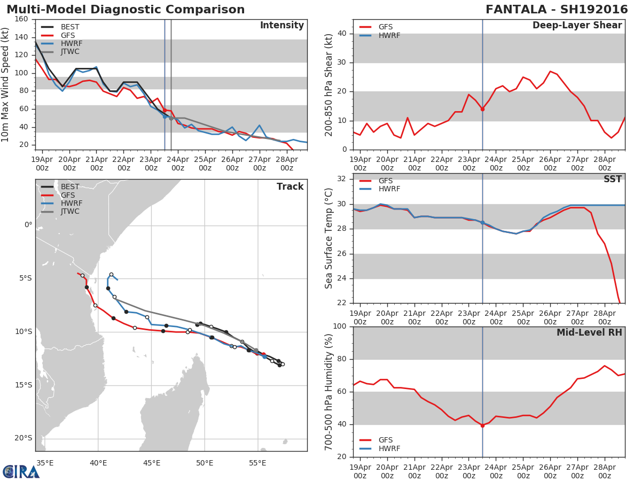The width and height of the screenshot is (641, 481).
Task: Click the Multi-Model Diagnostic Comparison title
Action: [126, 10]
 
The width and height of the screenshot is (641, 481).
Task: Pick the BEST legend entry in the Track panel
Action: [70, 187]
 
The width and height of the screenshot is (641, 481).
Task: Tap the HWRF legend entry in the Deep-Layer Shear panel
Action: [389, 35]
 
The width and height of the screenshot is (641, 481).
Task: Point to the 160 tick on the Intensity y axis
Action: [21, 19]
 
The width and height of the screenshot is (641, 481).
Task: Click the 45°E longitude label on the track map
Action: [152, 463]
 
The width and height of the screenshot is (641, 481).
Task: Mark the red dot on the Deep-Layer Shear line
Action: [482, 109]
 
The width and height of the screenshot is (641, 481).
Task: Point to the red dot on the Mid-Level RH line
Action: [482, 425]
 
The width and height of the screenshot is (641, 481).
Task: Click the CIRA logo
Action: [21, 472]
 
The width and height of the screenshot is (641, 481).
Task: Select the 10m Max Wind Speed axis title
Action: [6, 86]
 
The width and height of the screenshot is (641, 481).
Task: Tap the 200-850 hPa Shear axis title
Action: [329, 84]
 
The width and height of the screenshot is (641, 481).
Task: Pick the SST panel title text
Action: [613, 179]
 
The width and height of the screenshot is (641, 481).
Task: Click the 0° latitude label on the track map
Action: [28, 224]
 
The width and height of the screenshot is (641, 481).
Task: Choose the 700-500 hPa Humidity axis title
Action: [329, 392]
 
